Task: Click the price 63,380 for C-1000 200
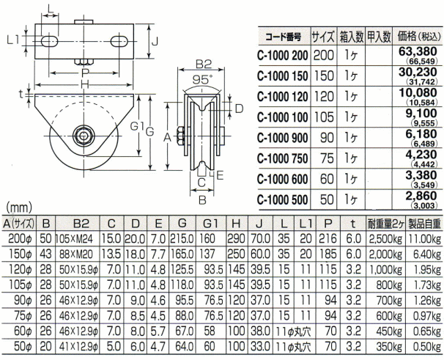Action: click(x=418, y=51)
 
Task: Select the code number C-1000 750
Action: click(x=282, y=158)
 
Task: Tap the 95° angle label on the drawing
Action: click(x=202, y=80)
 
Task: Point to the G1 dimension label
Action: click(x=137, y=126)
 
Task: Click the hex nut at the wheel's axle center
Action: click(x=83, y=136)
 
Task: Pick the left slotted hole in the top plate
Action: click(x=50, y=42)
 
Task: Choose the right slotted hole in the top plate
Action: click(x=119, y=41)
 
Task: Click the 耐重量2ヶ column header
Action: click(x=385, y=224)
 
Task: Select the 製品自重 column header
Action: click(x=424, y=224)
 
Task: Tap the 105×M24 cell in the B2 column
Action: click(x=76, y=239)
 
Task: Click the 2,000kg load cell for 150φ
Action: click(x=385, y=254)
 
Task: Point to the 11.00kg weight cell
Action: click(x=424, y=239)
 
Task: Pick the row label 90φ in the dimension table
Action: click(x=23, y=300)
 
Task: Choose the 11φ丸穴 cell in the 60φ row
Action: click(x=294, y=331)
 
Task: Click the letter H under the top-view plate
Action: click(x=84, y=84)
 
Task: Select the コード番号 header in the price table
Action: click(x=283, y=37)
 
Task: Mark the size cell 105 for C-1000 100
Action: click(x=324, y=117)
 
